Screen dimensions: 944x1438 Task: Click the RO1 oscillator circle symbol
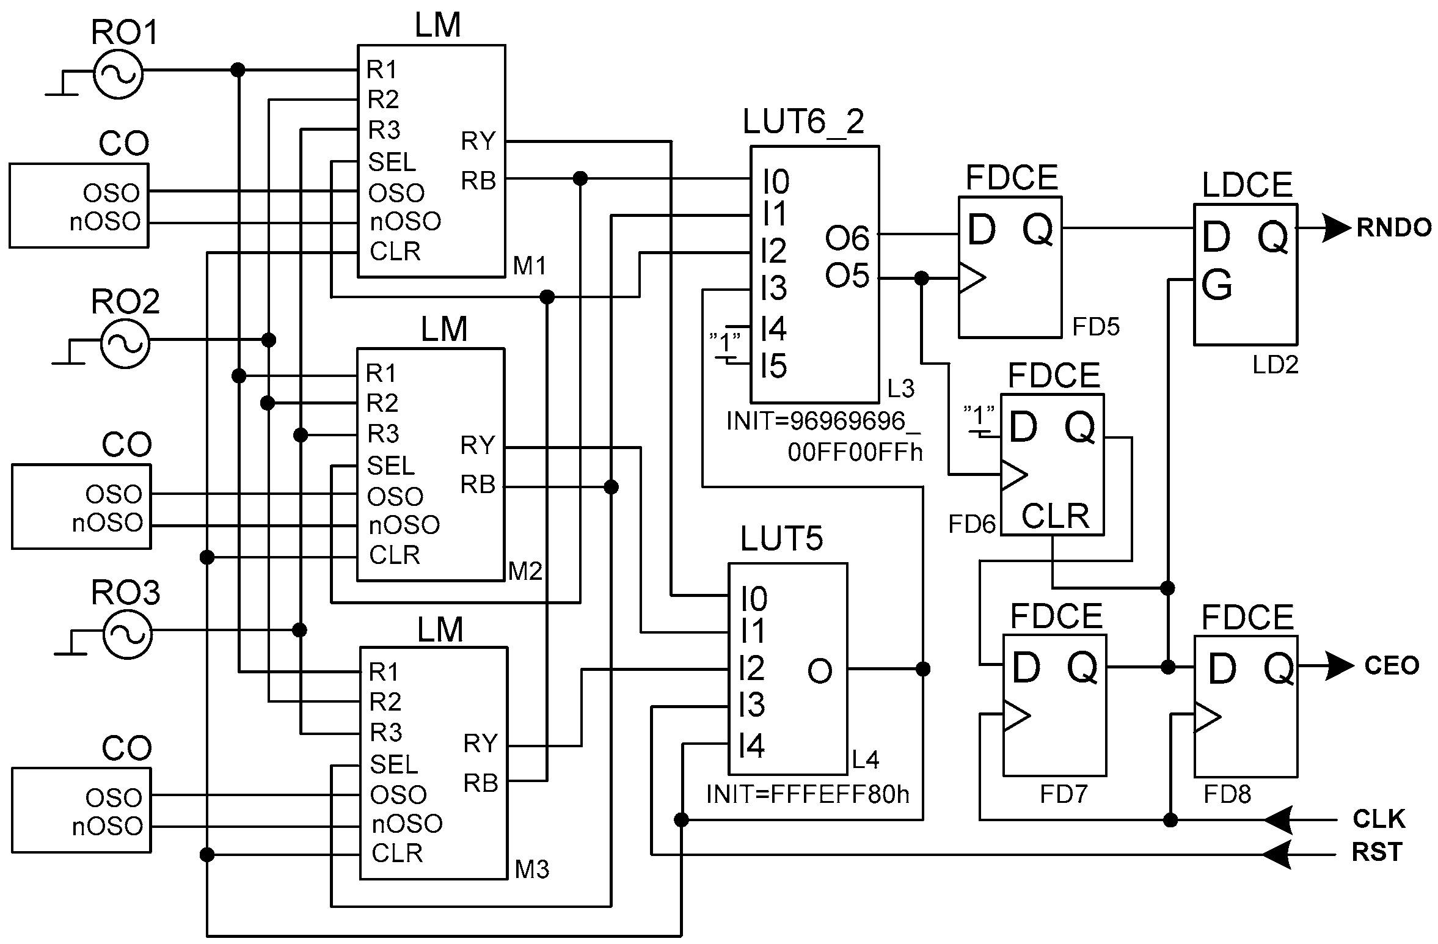pyautogui.click(x=118, y=73)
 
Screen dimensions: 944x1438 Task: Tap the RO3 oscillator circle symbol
pyautogui.click(x=126, y=634)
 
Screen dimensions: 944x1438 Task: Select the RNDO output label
pyautogui.click(x=1394, y=228)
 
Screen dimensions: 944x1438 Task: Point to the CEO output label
pyautogui.click(x=1392, y=665)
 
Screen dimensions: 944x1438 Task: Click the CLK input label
pyautogui.click(x=1379, y=819)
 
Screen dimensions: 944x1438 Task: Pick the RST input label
pyautogui.click(x=1376, y=852)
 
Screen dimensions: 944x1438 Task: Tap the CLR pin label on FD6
pyautogui.click(x=1055, y=516)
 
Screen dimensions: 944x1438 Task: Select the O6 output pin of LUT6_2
pyautogui.click(x=847, y=238)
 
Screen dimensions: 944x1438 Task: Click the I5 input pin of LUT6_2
pyautogui.click(x=773, y=367)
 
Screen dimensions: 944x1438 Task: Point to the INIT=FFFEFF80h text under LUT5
pyautogui.click(x=808, y=794)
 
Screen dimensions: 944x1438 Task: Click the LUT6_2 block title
pyautogui.click(x=803, y=122)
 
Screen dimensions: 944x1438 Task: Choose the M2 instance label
pyautogui.click(x=525, y=571)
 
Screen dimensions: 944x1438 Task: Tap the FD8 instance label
pyautogui.click(x=1227, y=794)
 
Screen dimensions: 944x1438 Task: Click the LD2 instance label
pyautogui.click(x=1275, y=365)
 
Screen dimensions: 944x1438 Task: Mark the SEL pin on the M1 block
pyautogui.click(x=392, y=162)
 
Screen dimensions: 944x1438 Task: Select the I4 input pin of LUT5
pyautogui.click(x=751, y=745)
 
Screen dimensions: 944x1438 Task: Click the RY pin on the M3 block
pyautogui.click(x=480, y=744)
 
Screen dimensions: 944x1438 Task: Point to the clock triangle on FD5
pyautogui.click(x=972, y=278)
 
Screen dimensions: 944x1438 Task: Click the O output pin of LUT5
pyautogui.click(x=819, y=671)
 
